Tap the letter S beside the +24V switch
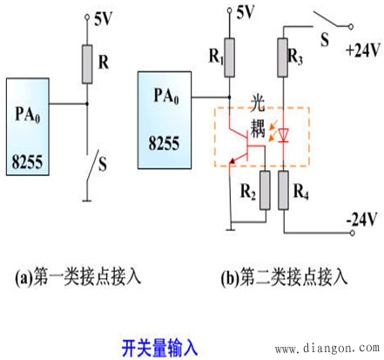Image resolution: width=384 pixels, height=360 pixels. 326,39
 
